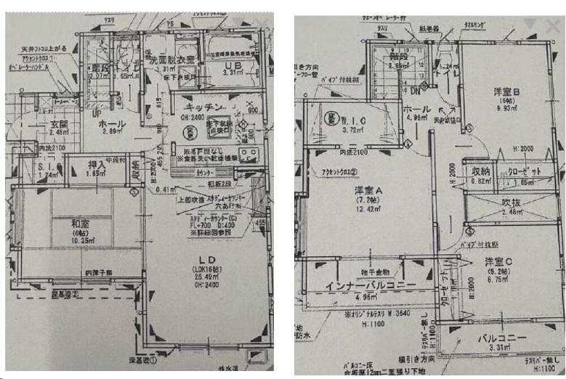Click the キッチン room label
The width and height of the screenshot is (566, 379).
(x=206, y=107)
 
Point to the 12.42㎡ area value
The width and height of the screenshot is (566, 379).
(x=366, y=209)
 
